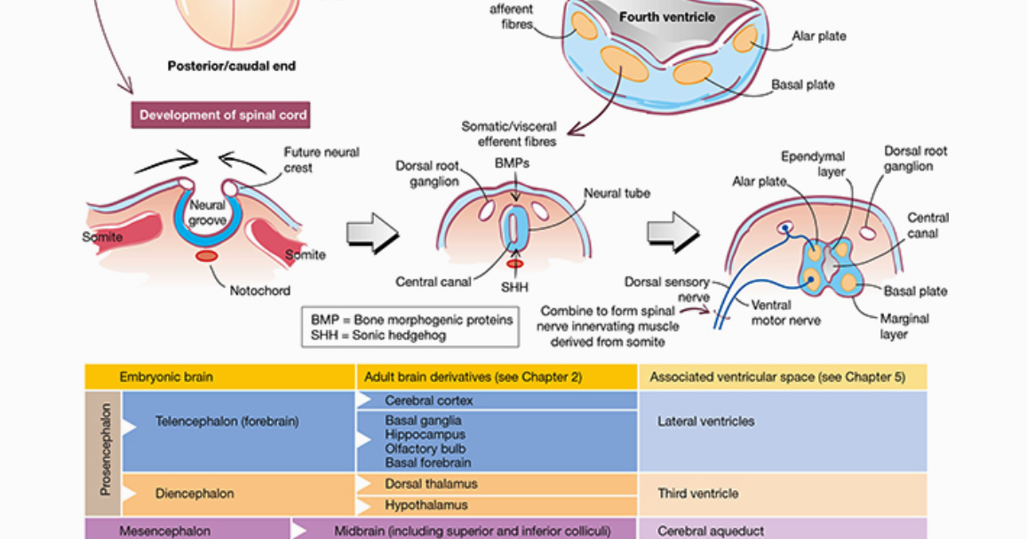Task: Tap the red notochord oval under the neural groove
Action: click(x=207, y=256)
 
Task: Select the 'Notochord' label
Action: click(x=259, y=290)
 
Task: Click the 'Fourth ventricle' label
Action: click(x=666, y=17)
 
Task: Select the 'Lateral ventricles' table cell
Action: click(x=705, y=422)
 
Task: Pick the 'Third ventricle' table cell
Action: click(x=697, y=494)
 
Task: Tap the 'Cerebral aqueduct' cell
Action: click(x=710, y=531)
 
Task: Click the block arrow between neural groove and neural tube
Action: click(x=371, y=234)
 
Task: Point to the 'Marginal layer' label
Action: click(x=904, y=326)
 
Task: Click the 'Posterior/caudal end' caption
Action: click(x=231, y=66)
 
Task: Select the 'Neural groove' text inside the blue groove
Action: click(x=207, y=213)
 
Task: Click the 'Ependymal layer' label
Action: click(x=812, y=164)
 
